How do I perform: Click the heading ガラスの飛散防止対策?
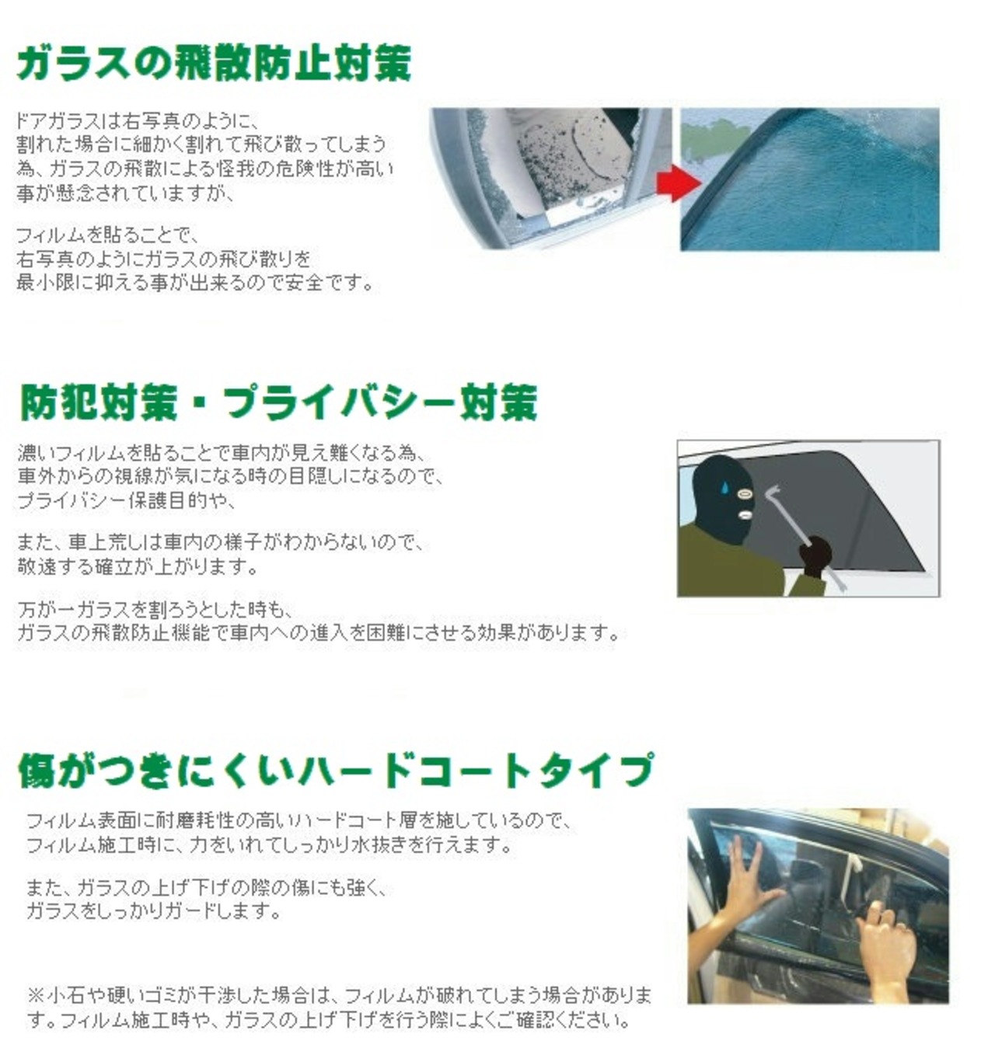pyautogui.click(x=215, y=64)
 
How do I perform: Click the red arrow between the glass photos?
pyautogui.click(x=679, y=183)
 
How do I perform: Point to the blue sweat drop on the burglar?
pyautogui.click(x=725, y=486)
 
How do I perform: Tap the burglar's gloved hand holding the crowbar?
pyautogui.click(x=815, y=555)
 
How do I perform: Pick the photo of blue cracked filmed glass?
pyautogui.click(x=809, y=179)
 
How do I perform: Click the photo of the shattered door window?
pyautogui.click(x=550, y=177)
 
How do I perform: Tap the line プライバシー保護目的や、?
pyautogui.click(x=126, y=500)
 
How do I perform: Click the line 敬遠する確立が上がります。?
pyautogui.click(x=138, y=566)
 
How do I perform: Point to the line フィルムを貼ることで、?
pyautogui.click(x=108, y=235)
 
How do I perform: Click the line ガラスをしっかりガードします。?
pyautogui.click(x=154, y=910)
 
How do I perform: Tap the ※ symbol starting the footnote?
pyautogui.click(x=35, y=994)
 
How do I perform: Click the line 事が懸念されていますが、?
pyautogui.click(x=126, y=193)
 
